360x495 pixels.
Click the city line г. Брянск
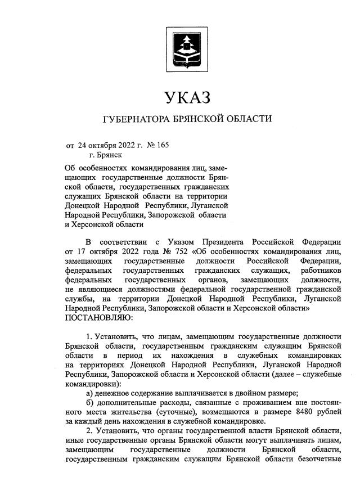click(x=105, y=155)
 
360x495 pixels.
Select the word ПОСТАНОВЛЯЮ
click(x=99, y=318)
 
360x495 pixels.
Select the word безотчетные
click(x=317, y=460)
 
